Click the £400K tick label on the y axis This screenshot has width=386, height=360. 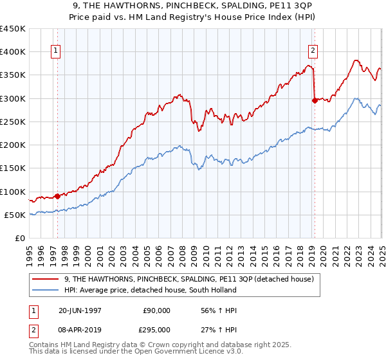tap(13, 52)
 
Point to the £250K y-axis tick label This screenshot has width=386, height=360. tap(13, 122)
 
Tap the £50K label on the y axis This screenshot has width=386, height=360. tap(15, 215)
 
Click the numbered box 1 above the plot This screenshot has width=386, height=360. tap(56, 53)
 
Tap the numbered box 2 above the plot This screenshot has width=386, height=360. tap(313, 53)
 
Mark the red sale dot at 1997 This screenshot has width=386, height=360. tap(57, 196)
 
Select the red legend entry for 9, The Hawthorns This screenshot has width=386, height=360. tap(188, 278)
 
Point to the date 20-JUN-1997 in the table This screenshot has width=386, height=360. tap(80, 310)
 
